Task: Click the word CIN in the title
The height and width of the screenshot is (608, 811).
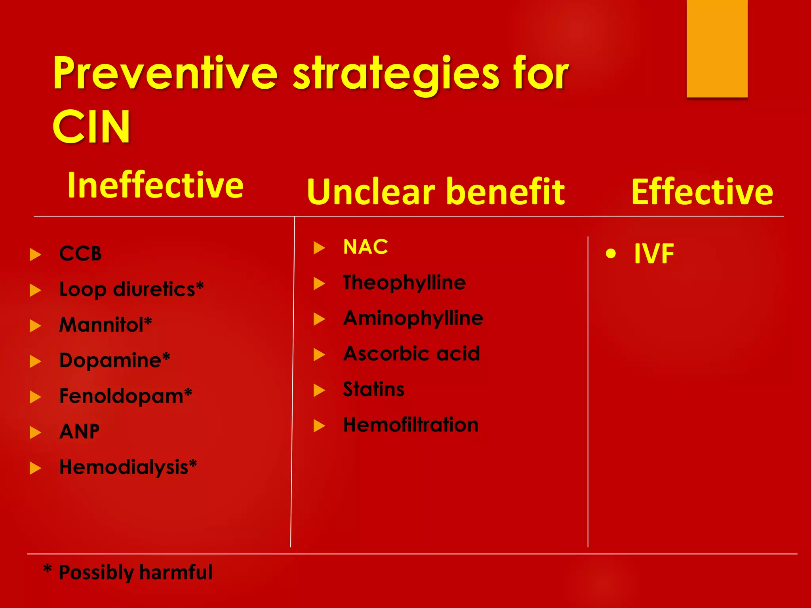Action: (91, 127)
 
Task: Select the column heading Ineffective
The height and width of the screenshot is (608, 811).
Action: (155, 185)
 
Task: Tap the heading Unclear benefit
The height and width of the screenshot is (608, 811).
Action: (436, 192)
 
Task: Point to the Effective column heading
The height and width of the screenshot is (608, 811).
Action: (702, 192)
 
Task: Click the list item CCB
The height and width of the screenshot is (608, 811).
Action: (80, 254)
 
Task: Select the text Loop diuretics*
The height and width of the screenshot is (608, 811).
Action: (131, 289)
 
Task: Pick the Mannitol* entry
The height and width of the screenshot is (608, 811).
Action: (105, 325)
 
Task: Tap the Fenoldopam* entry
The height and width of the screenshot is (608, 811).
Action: (126, 396)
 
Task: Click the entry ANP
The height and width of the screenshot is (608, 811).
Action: (79, 432)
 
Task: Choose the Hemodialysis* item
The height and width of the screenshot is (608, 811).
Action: (128, 467)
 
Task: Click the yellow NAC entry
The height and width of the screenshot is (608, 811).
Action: (366, 247)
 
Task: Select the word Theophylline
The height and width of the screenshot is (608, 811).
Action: (404, 283)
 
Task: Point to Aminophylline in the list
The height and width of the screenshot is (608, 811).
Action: (413, 318)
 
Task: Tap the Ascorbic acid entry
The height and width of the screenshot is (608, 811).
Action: (411, 353)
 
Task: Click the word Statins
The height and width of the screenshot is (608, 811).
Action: (373, 389)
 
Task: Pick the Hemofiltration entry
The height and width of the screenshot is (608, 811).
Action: (411, 425)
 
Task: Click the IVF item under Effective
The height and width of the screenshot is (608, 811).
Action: (654, 254)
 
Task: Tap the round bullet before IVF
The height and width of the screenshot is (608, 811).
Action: (611, 254)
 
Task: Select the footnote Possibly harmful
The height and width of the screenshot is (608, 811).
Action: (135, 572)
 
